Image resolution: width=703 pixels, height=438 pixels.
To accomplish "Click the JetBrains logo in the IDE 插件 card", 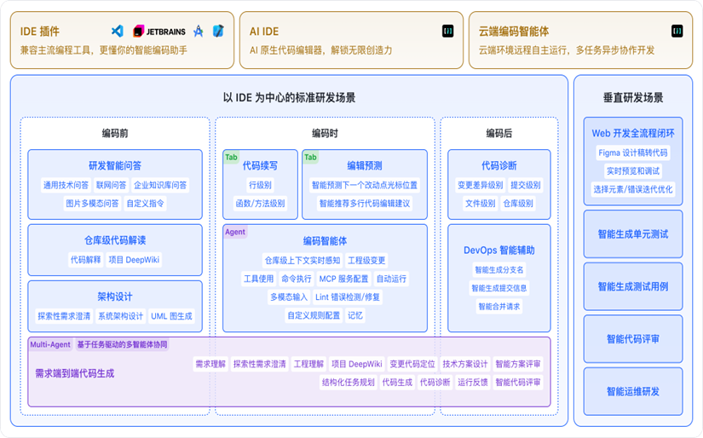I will tap(156, 32).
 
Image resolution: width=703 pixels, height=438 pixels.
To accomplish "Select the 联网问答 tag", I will tap(111, 185).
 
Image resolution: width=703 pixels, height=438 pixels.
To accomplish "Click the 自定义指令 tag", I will tap(146, 204).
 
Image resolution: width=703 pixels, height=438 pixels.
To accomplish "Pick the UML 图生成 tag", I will tap(171, 316).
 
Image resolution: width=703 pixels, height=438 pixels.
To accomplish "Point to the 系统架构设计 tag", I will tap(120, 316).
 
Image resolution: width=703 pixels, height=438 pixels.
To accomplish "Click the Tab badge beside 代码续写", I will tap(231, 157).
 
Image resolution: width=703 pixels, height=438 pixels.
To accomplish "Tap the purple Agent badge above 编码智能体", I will tap(234, 232).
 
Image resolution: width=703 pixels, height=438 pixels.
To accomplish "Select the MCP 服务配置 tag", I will tap(343, 279).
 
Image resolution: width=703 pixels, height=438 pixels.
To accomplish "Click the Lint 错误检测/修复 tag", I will tap(348, 297).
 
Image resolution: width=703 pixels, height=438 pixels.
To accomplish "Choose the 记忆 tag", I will tap(354, 315).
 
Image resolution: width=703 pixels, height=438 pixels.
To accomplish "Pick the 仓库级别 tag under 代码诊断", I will tap(518, 204).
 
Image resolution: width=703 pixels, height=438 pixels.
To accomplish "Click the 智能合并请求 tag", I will tap(498, 307).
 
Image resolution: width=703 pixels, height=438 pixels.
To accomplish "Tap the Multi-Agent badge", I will tap(50, 345).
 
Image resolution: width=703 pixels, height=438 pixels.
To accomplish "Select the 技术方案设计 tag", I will tap(465, 364).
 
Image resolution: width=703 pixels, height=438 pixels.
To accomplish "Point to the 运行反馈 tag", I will tap(473, 383).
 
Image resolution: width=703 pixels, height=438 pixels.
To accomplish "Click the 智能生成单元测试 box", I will tap(633, 233).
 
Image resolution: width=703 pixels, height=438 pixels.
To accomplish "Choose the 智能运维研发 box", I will tap(633, 391).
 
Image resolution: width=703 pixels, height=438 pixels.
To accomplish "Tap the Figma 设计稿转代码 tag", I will tap(633, 153).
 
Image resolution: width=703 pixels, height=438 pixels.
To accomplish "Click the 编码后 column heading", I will tap(499, 133).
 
